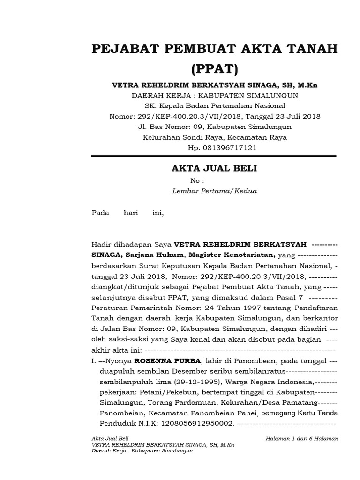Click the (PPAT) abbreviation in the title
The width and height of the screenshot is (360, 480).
click(215, 69)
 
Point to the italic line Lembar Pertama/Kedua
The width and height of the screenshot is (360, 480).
click(215, 191)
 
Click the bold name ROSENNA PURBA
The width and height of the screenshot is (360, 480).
click(162, 361)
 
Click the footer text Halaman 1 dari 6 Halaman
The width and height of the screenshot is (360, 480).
click(301, 439)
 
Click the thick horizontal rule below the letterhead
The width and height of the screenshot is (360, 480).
click(214, 156)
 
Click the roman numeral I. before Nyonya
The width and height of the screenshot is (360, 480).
click(93, 361)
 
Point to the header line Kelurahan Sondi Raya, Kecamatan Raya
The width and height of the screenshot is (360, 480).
click(215, 137)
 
